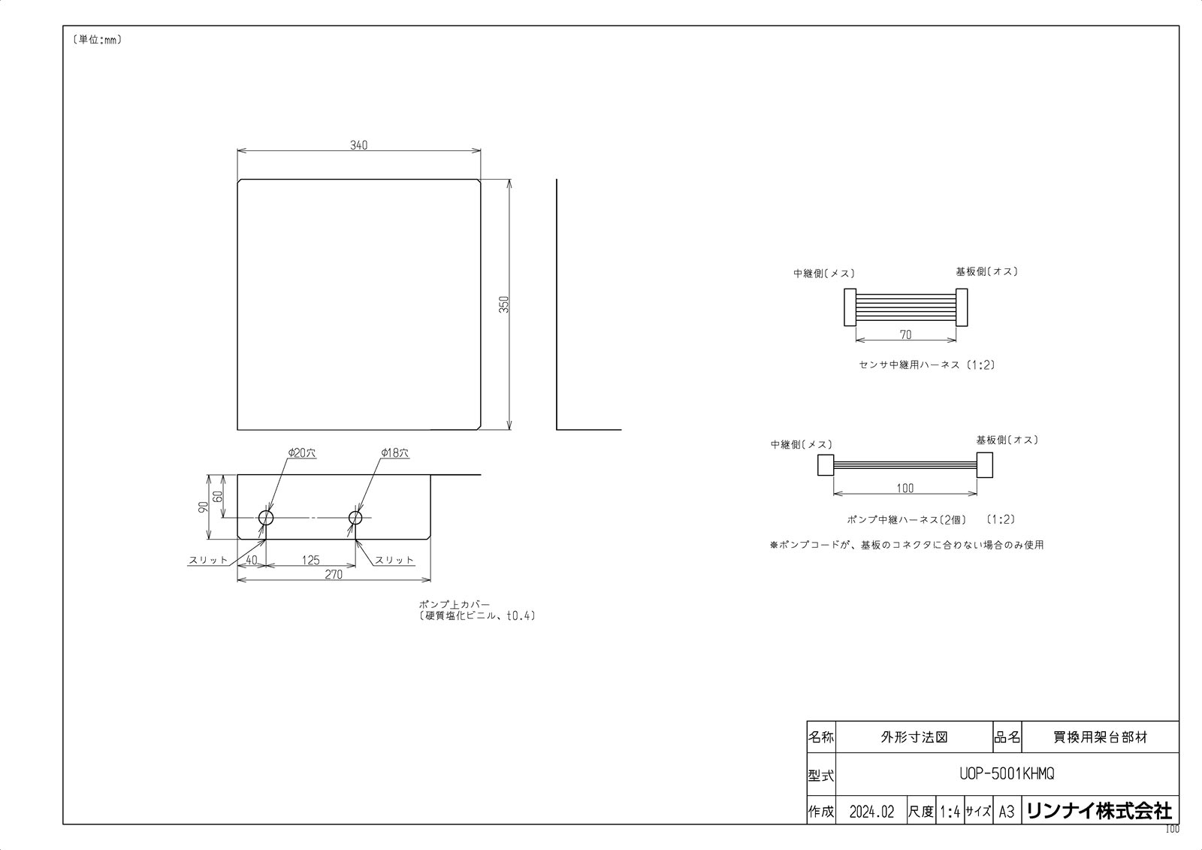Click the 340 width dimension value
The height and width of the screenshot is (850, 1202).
(358, 145)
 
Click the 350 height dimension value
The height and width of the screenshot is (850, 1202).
(505, 304)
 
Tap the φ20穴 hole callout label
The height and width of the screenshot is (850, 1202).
(301, 453)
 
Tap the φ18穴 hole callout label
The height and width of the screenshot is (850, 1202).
(394, 453)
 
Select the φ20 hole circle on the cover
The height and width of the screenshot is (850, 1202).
(266, 517)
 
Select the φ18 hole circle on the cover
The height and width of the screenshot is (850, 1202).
(355, 517)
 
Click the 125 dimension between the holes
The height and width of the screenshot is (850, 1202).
(310, 560)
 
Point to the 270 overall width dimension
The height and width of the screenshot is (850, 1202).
(334, 574)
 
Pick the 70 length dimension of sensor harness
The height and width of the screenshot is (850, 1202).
(905, 335)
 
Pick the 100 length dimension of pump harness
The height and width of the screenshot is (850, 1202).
(905, 489)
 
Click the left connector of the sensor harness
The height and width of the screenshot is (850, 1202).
(849, 307)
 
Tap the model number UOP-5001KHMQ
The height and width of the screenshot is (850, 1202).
(1007, 774)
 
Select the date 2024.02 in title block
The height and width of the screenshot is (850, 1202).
(871, 812)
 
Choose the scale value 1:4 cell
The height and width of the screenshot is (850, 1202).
(950, 812)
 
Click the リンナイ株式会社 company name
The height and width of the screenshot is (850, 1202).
(1099, 811)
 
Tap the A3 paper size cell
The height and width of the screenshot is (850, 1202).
(1007, 812)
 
